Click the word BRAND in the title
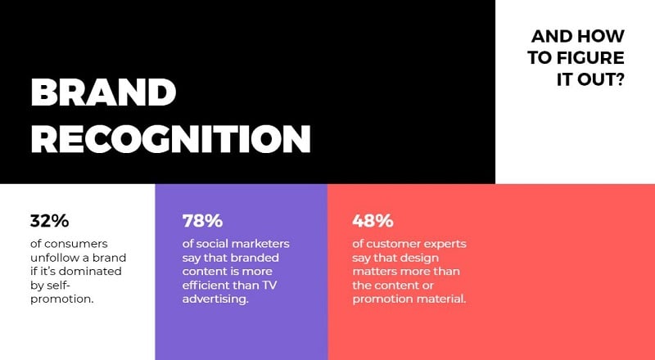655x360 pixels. pyautogui.click(x=103, y=92)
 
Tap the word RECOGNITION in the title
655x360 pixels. pyautogui.click(x=171, y=138)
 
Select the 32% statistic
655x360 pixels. pyautogui.click(x=49, y=221)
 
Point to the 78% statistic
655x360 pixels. pyautogui.click(x=202, y=221)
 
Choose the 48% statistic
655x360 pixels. pyautogui.click(x=373, y=221)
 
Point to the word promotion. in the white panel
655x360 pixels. pyautogui.click(x=61, y=299)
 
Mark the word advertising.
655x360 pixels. pyautogui.click(x=215, y=299)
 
